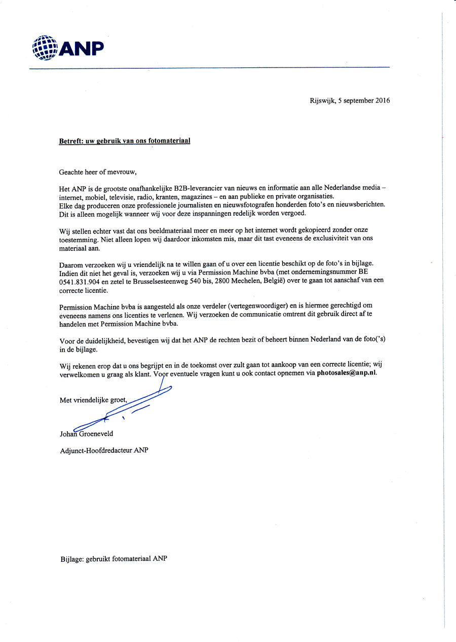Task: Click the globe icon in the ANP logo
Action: [45, 48]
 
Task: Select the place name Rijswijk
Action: [322, 100]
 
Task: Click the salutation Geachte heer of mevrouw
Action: [98, 172]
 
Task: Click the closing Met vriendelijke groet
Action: [93, 400]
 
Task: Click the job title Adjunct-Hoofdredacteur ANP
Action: [104, 450]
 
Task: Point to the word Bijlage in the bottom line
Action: [71, 559]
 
